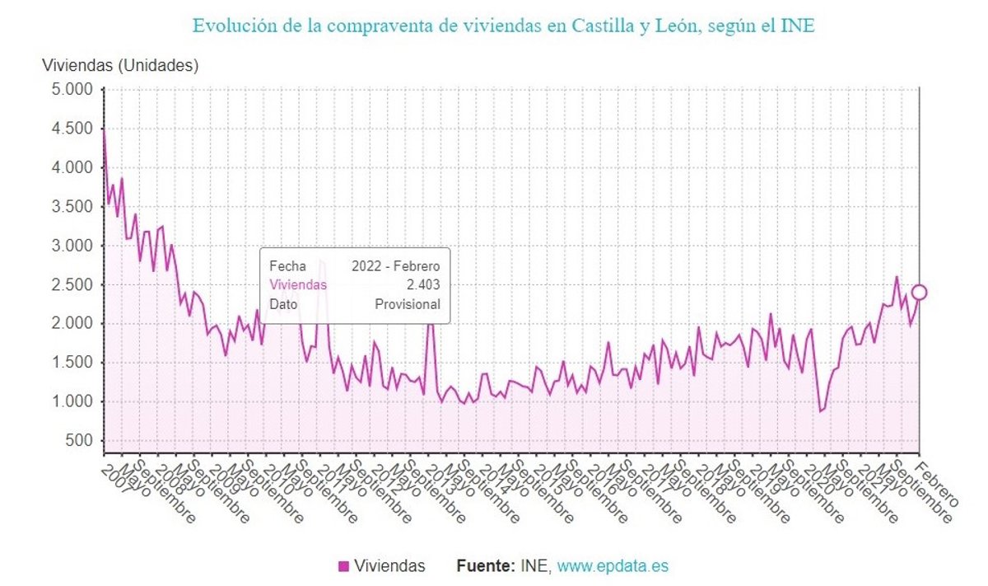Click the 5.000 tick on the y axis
point(73,89)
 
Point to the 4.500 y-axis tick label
point(73,129)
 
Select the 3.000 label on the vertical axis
point(73,246)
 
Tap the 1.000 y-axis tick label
point(73,402)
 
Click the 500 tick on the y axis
point(80,441)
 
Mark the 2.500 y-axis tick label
point(73,285)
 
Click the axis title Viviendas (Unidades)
point(120,64)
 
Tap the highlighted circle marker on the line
point(919,292)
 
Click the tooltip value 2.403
point(424,285)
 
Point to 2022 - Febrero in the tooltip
point(396,266)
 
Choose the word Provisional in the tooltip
point(408,304)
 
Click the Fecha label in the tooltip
point(287,266)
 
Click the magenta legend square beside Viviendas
point(344,566)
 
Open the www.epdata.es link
point(613,566)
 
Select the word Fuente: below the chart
point(486,566)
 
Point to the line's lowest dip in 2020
point(820,411)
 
